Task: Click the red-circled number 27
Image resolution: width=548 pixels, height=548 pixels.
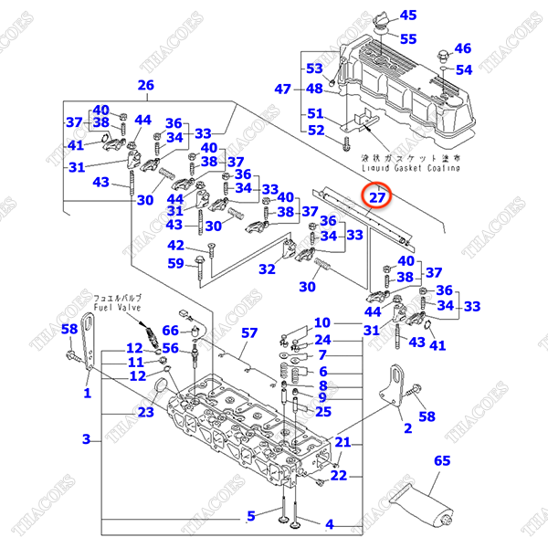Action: click(x=377, y=195)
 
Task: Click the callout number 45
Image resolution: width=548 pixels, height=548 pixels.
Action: click(x=408, y=15)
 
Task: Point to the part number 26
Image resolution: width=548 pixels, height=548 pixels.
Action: click(x=145, y=86)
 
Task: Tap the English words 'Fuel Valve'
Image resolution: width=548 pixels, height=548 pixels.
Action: click(x=116, y=308)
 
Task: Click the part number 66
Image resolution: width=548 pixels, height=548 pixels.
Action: click(x=171, y=331)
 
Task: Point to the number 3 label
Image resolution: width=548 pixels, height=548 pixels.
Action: click(x=86, y=439)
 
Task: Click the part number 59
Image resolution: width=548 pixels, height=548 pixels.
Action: click(x=175, y=265)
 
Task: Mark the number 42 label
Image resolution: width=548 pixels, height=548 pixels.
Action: click(x=175, y=245)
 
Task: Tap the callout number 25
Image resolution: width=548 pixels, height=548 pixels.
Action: click(x=322, y=412)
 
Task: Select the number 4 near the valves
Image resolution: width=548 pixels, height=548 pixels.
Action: click(x=330, y=524)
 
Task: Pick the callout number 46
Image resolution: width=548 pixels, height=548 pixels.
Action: click(x=463, y=48)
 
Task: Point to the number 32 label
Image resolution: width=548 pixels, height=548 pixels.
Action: click(x=267, y=269)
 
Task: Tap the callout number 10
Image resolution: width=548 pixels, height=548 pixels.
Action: click(x=322, y=322)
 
